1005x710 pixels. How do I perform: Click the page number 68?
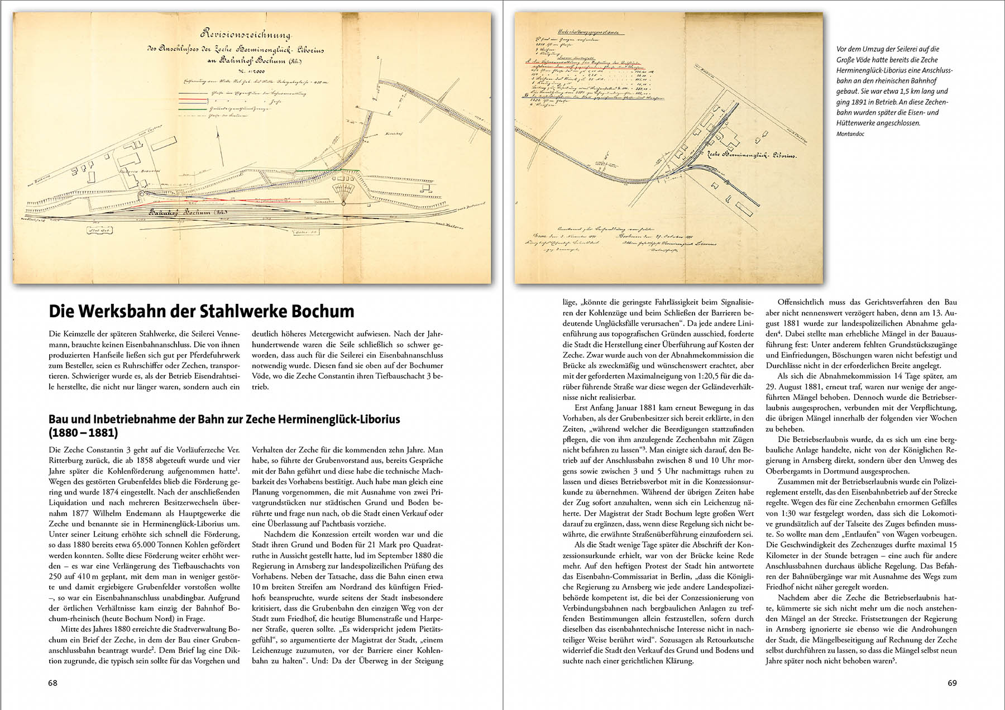point(53,683)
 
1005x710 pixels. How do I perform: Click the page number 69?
point(953,683)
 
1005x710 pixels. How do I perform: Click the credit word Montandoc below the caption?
point(850,134)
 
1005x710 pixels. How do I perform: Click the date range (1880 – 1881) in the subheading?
point(83,432)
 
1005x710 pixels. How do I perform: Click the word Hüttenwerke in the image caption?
point(854,123)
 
